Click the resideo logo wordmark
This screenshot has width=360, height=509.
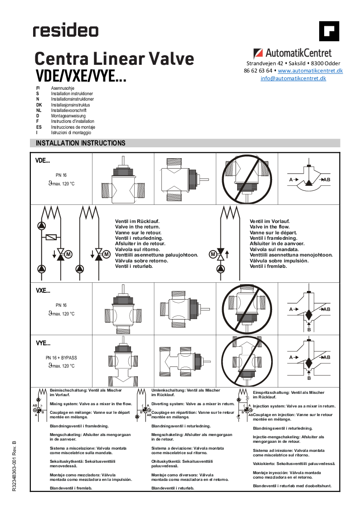pyautogui.click(x=65, y=31)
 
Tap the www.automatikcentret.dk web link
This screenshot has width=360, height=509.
pyautogui.click(x=310, y=71)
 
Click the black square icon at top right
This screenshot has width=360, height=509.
pyautogui.click(x=329, y=31)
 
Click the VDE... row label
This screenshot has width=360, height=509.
pyautogui.click(x=43, y=160)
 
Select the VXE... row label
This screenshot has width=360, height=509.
pyautogui.click(x=43, y=291)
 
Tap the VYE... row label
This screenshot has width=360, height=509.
pyautogui.click(x=43, y=343)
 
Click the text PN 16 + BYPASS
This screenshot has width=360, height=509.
pyautogui.click(x=61, y=358)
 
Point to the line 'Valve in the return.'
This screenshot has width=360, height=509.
pyautogui.click(x=137, y=227)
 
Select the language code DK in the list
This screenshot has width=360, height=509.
pyautogui.click(x=39, y=105)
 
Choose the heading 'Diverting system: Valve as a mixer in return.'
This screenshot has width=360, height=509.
pyautogui.click(x=193, y=403)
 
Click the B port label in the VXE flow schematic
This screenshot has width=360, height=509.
pyautogui.click(x=309, y=330)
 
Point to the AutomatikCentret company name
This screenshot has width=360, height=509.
pyautogui.click(x=298, y=53)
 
